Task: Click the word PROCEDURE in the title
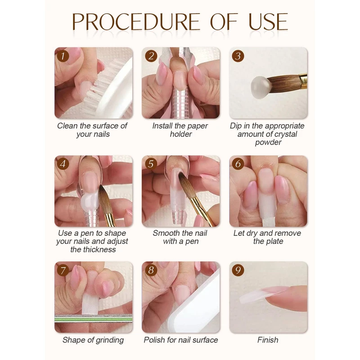point(136,22)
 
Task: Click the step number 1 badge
point(63,56)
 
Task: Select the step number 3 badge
point(238,56)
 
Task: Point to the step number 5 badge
point(151,164)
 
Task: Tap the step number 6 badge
point(238,164)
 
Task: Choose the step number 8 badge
point(151,270)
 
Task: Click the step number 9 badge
point(238,270)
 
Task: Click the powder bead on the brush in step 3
point(260,87)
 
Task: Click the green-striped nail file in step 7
point(94,319)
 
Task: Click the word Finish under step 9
point(268,340)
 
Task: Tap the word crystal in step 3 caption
point(285,134)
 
